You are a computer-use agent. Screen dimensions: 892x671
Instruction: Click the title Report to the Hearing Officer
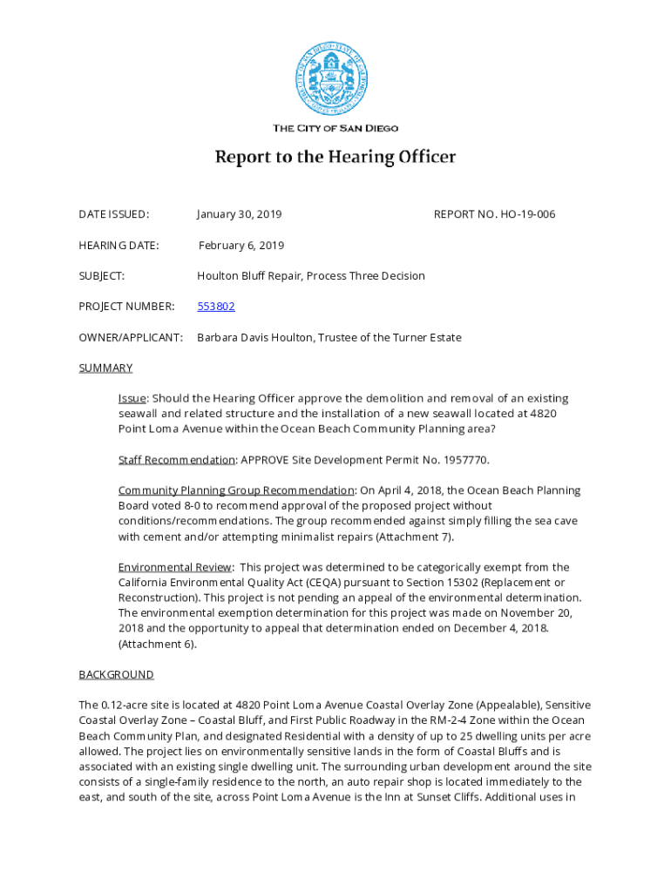pos(335,158)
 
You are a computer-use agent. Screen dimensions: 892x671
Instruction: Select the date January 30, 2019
pos(239,214)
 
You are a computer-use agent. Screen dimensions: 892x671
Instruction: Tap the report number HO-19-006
pos(527,214)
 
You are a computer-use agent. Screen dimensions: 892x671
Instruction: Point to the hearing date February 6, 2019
pos(241,246)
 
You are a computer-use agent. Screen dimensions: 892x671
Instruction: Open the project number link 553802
pos(216,307)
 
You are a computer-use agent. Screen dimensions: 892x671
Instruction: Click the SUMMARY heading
pos(105,368)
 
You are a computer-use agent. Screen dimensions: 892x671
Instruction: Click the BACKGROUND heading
pos(116,674)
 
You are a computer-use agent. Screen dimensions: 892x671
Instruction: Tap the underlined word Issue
pos(132,398)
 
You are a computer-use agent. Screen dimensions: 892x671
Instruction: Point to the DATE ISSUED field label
pos(113,214)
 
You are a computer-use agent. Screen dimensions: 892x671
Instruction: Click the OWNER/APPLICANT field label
pos(131,337)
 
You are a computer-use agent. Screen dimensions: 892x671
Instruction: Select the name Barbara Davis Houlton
pos(261,337)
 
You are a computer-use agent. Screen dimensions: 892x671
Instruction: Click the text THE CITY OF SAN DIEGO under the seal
pos(335,128)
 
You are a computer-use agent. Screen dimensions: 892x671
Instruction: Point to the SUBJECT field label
pos(102,276)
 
